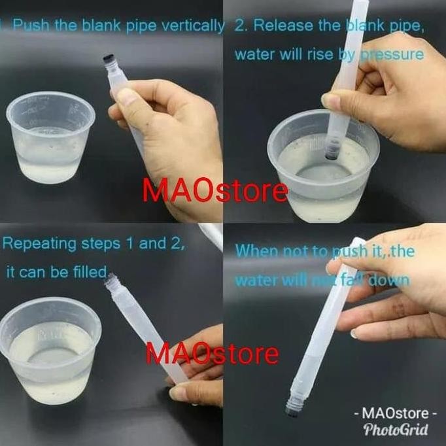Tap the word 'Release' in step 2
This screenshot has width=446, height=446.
point(294,26)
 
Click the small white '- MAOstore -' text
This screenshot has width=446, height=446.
point(395,413)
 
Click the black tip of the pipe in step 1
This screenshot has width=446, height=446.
point(107,63)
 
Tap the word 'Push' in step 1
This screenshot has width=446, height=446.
point(27,27)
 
